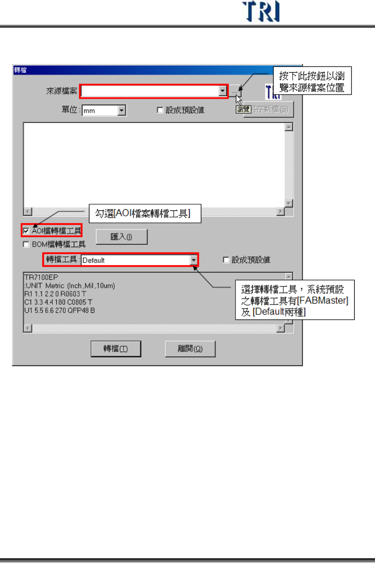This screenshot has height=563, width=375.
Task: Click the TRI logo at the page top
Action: pyautogui.click(x=261, y=12)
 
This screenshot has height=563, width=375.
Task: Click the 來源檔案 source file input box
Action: pyautogui.click(x=150, y=91)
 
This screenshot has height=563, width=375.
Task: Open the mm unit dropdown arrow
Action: pyautogui.click(x=122, y=111)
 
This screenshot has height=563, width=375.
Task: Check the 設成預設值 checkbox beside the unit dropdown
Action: pyautogui.click(x=160, y=110)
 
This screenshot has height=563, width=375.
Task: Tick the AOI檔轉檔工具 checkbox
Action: pyautogui.click(x=26, y=231)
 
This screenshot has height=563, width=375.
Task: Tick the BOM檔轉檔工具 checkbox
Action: pyautogui.click(x=26, y=244)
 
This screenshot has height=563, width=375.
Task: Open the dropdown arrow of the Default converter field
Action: pyautogui.click(x=194, y=260)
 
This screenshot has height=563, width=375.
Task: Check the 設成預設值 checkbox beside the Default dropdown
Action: pyautogui.click(x=226, y=260)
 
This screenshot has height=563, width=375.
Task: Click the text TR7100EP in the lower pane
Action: pyautogui.click(x=41, y=277)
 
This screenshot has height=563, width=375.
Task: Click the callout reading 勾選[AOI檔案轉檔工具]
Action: pyautogui.click(x=145, y=214)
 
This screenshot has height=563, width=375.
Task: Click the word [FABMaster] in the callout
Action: pyautogui.click(x=322, y=301)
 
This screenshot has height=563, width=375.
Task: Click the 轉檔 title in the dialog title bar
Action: pyautogui.click(x=20, y=70)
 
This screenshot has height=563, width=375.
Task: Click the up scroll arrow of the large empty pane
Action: pyautogui.click(x=289, y=127)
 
